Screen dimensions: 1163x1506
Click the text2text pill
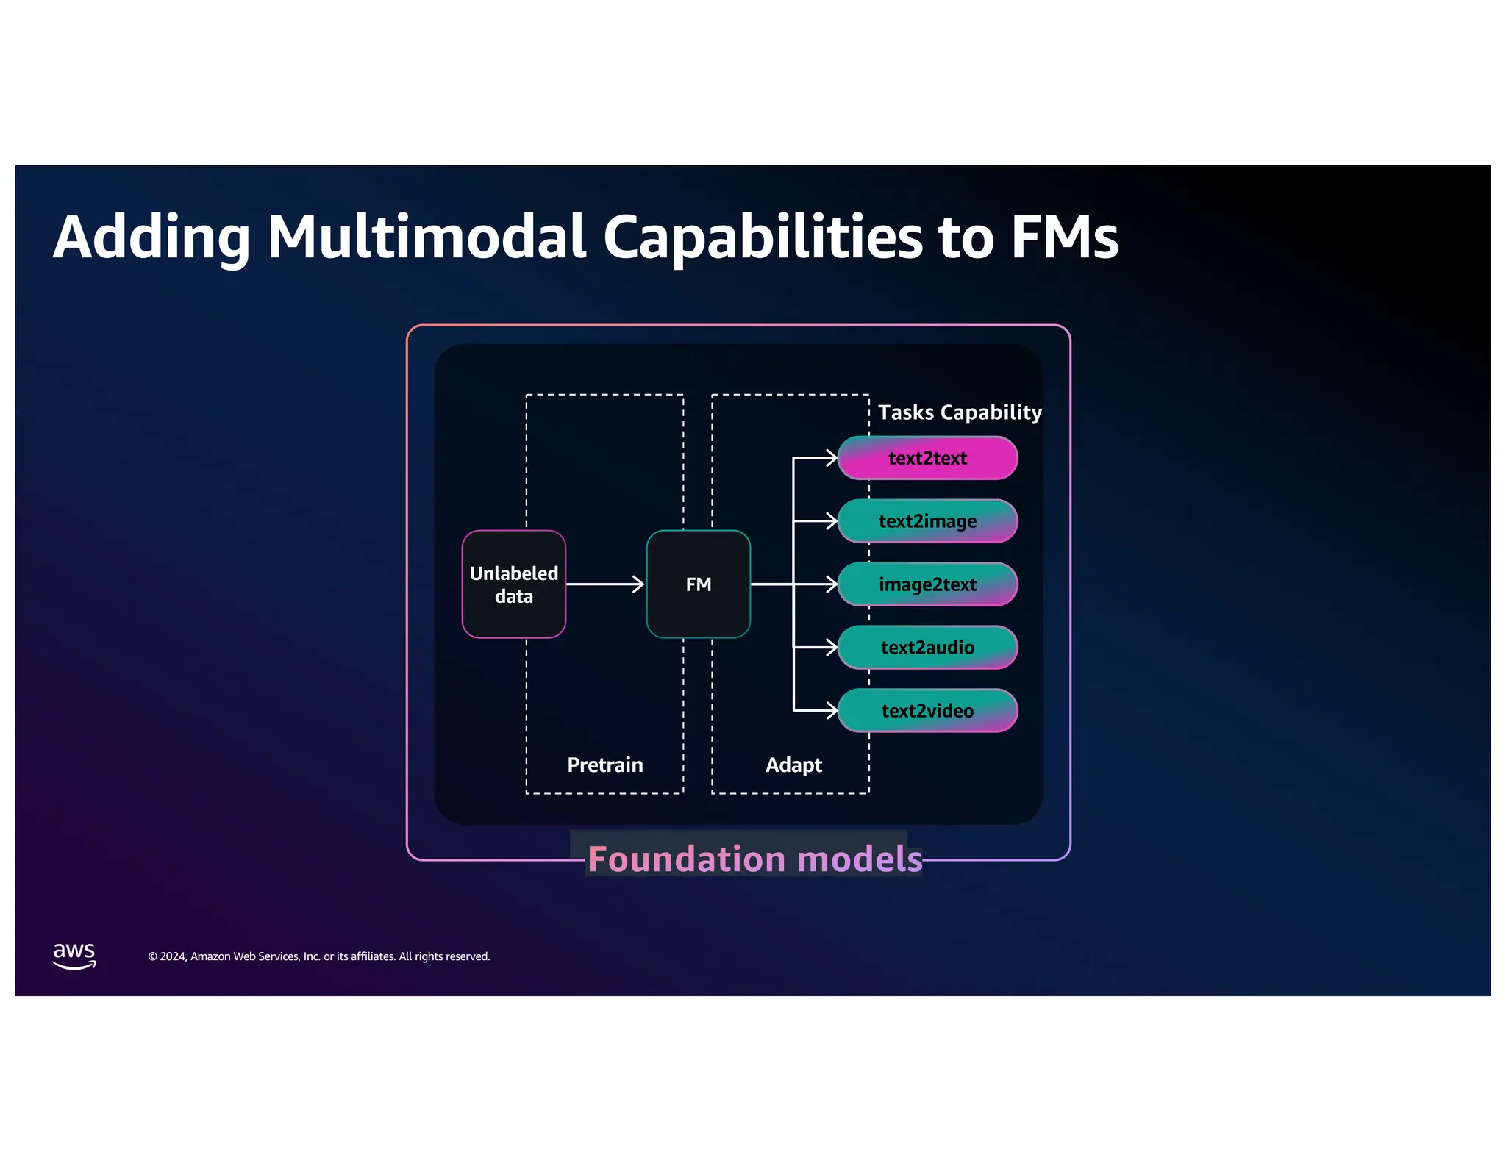coord(927,458)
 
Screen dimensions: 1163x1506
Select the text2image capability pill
coord(927,521)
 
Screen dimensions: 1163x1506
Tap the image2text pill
coord(927,584)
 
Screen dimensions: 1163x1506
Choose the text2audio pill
coord(927,648)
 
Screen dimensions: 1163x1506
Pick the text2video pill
coord(927,711)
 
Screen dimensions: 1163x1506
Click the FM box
coord(698,584)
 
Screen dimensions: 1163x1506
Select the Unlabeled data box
coord(513,584)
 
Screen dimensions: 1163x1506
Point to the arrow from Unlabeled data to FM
coord(604,584)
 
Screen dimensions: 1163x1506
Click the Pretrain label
coord(604,765)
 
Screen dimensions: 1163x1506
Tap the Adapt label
coord(793,765)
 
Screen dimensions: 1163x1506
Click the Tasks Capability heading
coord(960,412)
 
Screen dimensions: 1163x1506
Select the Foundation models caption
coord(754,859)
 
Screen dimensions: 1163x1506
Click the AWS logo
coord(74,956)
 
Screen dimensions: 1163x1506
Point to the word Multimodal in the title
coord(427,237)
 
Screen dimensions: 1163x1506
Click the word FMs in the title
coord(1064,237)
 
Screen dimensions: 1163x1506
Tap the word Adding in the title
coord(151,237)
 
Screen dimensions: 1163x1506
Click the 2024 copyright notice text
coord(318,956)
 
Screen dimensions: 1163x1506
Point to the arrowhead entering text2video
coord(832,711)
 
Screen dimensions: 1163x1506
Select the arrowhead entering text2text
coord(832,458)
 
